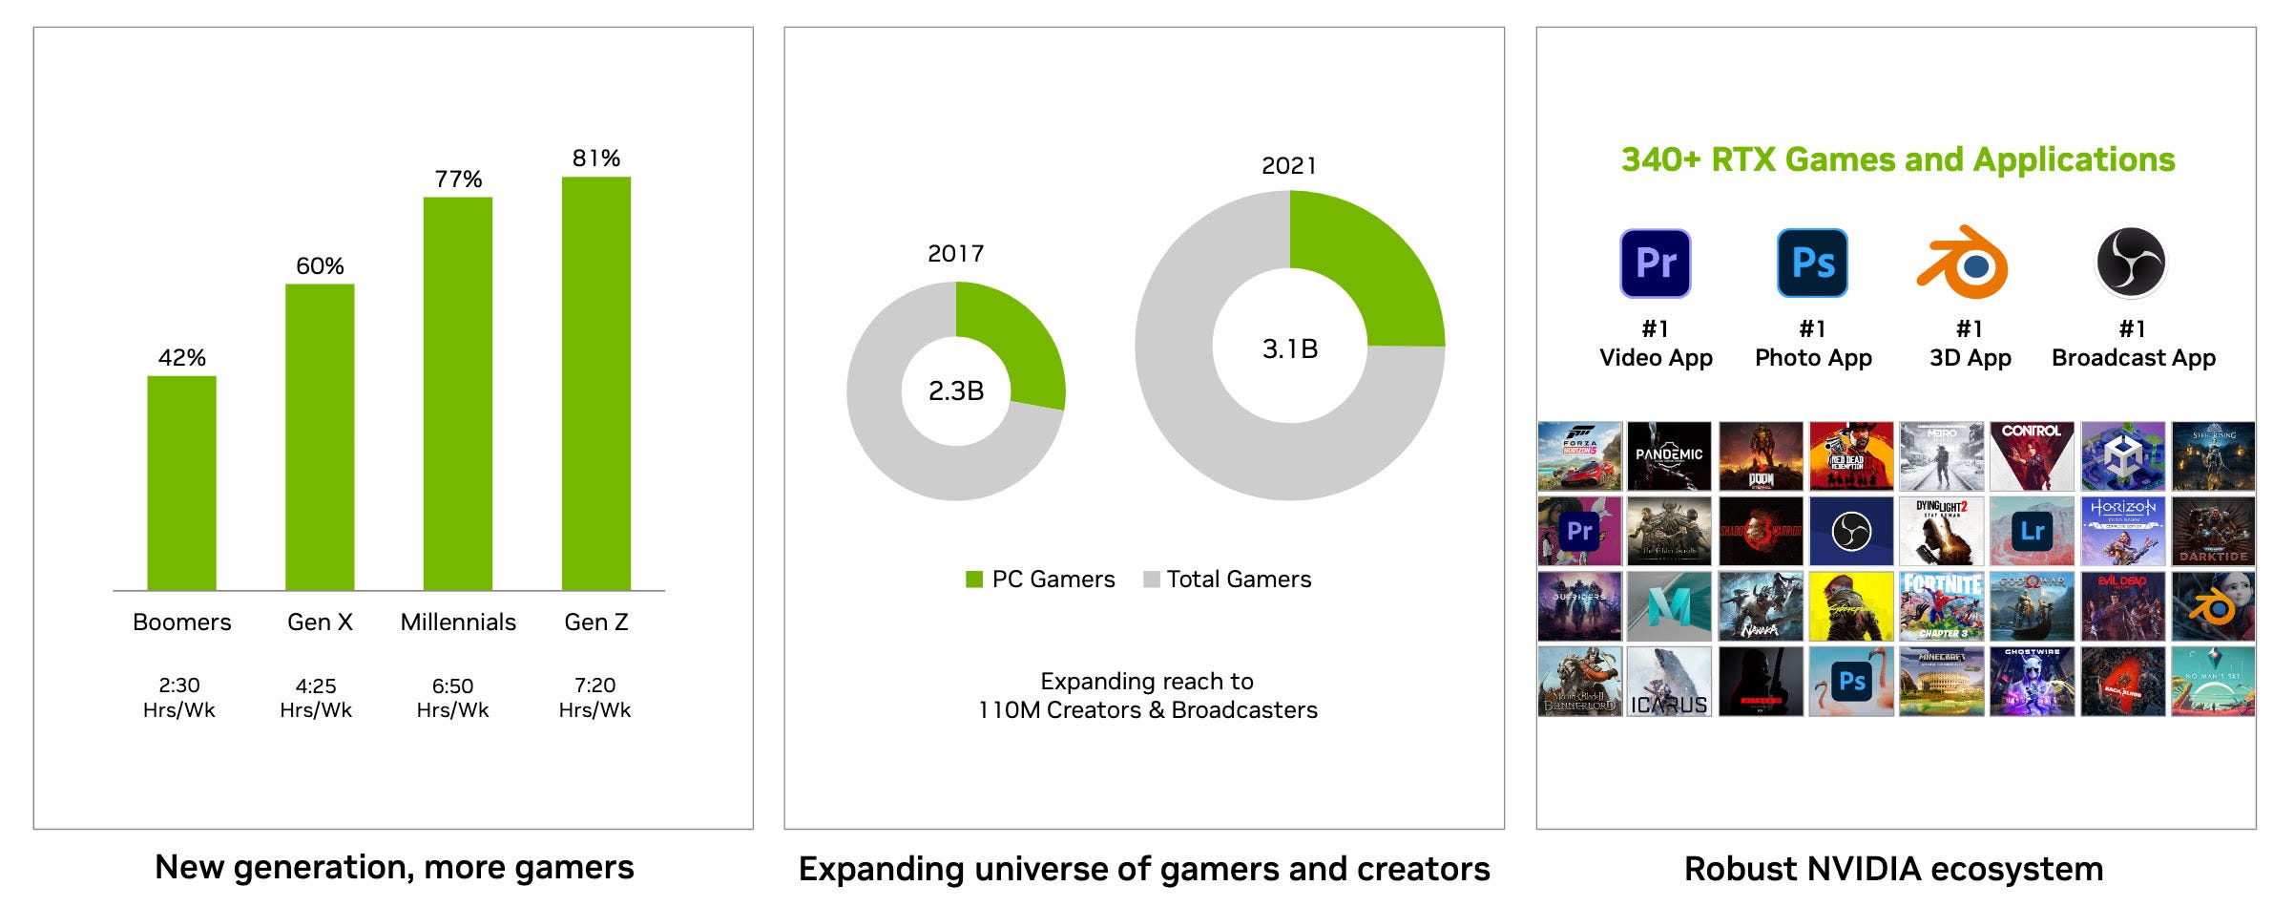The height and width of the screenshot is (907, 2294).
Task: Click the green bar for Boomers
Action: (181, 482)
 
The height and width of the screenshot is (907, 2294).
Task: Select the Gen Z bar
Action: (595, 382)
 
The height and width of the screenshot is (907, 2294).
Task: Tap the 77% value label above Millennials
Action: (458, 179)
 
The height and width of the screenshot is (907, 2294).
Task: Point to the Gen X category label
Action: (320, 622)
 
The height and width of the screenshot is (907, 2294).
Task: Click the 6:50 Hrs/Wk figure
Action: (452, 698)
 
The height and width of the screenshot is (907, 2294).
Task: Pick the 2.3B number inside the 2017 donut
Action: (955, 390)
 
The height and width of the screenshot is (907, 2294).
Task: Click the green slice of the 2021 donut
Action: (1374, 258)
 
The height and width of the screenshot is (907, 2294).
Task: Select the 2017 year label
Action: (955, 253)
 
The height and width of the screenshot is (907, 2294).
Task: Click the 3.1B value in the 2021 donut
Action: (1289, 348)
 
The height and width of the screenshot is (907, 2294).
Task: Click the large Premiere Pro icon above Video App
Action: (1656, 263)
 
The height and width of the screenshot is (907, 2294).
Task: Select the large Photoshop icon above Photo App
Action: (1812, 263)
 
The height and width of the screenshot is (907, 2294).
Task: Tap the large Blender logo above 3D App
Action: (1965, 263)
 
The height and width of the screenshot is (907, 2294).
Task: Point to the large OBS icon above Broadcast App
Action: (2131, 263)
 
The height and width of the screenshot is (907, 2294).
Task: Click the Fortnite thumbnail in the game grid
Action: (1941, 606)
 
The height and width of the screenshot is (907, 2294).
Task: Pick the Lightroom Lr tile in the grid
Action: (2032, 531)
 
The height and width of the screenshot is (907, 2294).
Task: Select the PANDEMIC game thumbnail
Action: (1669, 455)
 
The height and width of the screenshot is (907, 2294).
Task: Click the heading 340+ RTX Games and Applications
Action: (1897, 159)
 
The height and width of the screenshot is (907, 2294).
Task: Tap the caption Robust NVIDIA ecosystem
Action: (1893, 869)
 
